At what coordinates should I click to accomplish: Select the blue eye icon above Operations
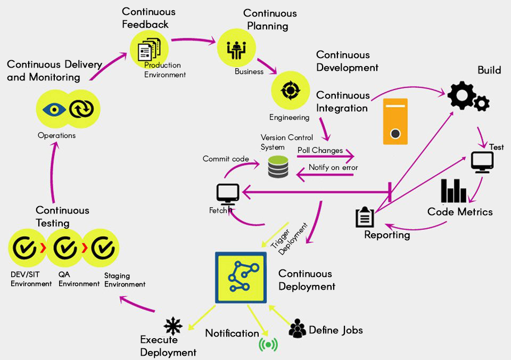point(54,109)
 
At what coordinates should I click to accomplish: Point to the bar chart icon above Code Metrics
point(453,191)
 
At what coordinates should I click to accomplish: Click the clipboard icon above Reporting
point(365,217)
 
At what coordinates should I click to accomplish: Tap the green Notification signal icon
point(268,345)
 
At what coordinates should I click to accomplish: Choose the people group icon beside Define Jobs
point(297,329)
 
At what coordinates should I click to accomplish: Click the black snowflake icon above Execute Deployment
point(173,325)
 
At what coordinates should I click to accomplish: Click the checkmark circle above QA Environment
point(65,248)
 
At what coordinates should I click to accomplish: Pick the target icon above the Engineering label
point(290,90)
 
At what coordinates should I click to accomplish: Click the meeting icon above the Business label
point(236,49)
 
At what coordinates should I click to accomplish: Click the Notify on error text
point(333,167)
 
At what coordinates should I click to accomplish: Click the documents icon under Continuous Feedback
point(150,47)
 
